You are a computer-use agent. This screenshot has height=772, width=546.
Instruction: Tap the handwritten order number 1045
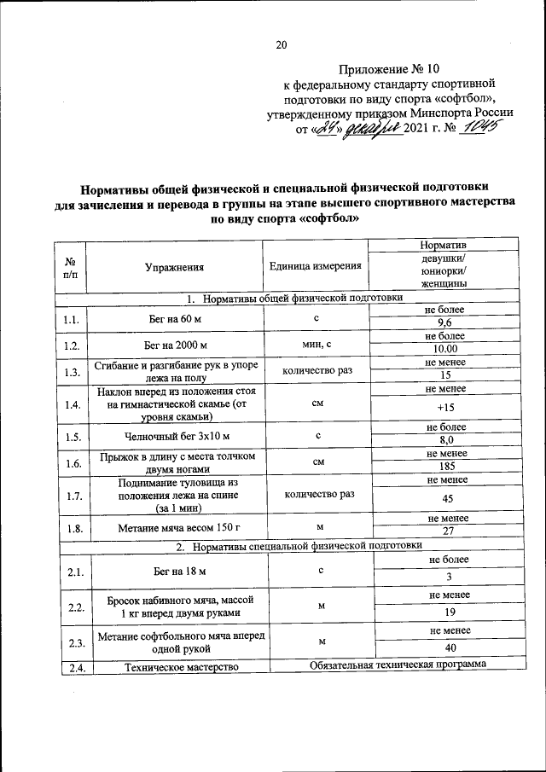479,128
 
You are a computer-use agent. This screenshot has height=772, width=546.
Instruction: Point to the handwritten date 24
324,129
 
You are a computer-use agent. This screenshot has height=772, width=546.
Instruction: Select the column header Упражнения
175,267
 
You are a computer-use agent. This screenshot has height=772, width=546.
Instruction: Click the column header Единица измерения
315,267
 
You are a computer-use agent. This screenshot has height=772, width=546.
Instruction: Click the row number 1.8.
71,529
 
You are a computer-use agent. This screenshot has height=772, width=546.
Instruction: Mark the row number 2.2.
71,607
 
